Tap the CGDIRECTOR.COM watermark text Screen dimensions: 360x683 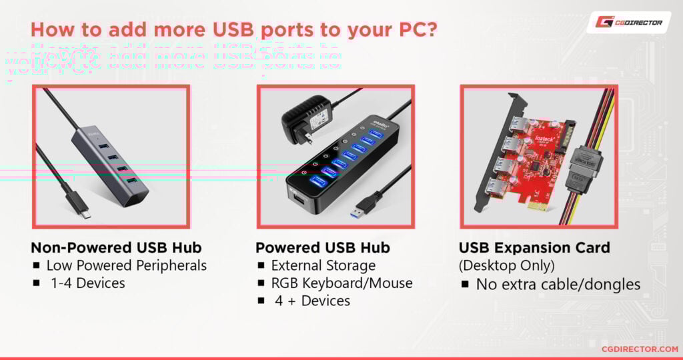pos(638,348)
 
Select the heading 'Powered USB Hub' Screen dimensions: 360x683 pos(323,247)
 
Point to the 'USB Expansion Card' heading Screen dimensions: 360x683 pos(534,248)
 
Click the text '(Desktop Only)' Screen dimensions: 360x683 pos(506,265)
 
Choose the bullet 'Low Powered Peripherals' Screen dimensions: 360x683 pos(126,265)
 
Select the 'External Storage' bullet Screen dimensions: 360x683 pos(323,265)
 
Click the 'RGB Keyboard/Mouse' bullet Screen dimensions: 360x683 pos(341,283)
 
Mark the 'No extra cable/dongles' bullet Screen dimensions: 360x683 pos(558,285)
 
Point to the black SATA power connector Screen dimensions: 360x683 pos(583,175)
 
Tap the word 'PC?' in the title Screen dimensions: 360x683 pos(410,31)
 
